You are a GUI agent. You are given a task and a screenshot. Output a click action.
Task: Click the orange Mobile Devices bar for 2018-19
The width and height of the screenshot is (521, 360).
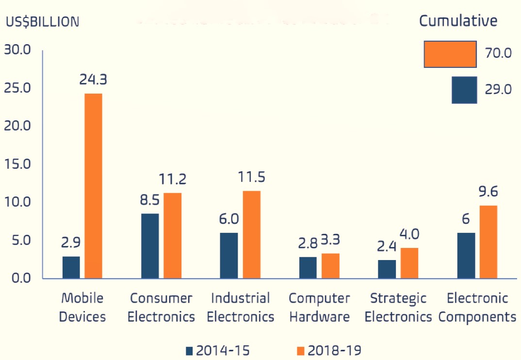94,186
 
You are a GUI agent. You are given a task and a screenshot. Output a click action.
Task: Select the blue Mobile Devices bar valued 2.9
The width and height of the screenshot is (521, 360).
71,267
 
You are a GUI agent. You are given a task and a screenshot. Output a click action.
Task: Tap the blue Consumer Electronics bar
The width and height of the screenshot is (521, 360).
150,246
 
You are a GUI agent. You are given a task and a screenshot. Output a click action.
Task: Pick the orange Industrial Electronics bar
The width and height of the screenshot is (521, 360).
251,235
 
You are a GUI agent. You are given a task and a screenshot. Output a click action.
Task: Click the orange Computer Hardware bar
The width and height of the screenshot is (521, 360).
330,266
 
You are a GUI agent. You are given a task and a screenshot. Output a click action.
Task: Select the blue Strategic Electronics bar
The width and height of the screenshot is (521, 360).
387,269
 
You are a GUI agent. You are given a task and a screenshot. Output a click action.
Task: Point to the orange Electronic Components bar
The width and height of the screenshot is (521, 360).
488,242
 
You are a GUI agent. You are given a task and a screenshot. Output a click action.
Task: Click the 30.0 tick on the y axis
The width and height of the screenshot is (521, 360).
17,50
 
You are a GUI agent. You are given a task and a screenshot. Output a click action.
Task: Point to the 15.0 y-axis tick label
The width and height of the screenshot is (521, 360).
17,164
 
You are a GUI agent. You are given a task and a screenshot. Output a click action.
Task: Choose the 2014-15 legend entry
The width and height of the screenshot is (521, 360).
218,350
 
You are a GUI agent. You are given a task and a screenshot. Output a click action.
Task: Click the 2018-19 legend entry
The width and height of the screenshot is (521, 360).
328,350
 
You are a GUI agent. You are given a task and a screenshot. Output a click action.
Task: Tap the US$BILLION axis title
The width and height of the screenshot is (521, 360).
42,22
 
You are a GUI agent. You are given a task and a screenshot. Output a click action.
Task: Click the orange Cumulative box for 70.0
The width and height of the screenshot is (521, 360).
450,54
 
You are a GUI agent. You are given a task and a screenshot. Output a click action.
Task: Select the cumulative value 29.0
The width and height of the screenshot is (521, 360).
498,90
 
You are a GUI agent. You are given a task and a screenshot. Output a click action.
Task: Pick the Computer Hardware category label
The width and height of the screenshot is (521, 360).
319,308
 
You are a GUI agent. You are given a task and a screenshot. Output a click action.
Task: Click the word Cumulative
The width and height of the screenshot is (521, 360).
458,21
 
